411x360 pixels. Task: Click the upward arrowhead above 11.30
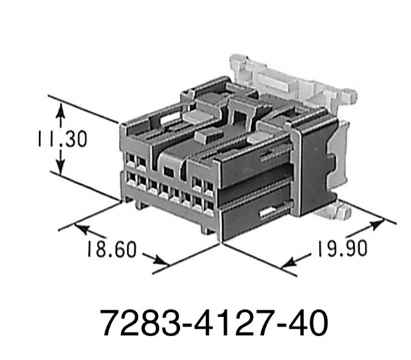coord(60,113)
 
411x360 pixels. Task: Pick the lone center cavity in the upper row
coord(169,171)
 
